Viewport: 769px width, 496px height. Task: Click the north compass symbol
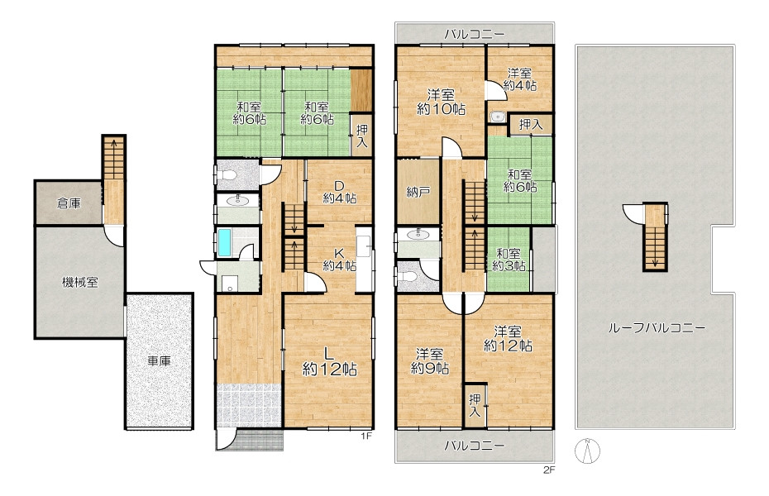[x=588, y=451]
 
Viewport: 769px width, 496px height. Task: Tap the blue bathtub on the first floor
[x=223, y=242]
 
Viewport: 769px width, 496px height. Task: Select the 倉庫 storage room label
[x=69, y=203]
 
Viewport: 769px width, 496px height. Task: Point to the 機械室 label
[x=80, y=283]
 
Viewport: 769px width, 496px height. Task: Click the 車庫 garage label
[x=160, y=361]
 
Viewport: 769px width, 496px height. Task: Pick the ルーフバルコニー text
[x=657, y=328]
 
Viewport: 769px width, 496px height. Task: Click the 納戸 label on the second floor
[x=418, y=193]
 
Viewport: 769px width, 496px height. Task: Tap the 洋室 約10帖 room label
[x=442, y=102]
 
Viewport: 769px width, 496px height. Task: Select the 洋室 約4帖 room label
[x=520, y=79]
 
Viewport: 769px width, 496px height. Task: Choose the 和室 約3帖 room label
[x=509, y=260]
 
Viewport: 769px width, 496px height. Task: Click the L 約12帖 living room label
[x=330, y=360]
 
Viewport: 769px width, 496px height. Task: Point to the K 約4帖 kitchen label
[x=339, y=260]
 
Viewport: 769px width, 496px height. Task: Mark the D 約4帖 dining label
[x=339, y=192]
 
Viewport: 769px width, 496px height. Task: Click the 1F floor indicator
[x=365, y=436]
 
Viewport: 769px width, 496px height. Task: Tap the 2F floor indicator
[x=549, y=470]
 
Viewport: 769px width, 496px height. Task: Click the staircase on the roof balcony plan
[x=655, y=236]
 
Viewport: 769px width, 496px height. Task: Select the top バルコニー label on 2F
[x=475, y=35]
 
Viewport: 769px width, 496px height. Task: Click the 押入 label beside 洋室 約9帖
[x=475, y=405]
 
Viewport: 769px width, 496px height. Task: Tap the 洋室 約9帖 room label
[x=430, y=361]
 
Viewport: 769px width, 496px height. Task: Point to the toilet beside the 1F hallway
[x=228, y=175]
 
